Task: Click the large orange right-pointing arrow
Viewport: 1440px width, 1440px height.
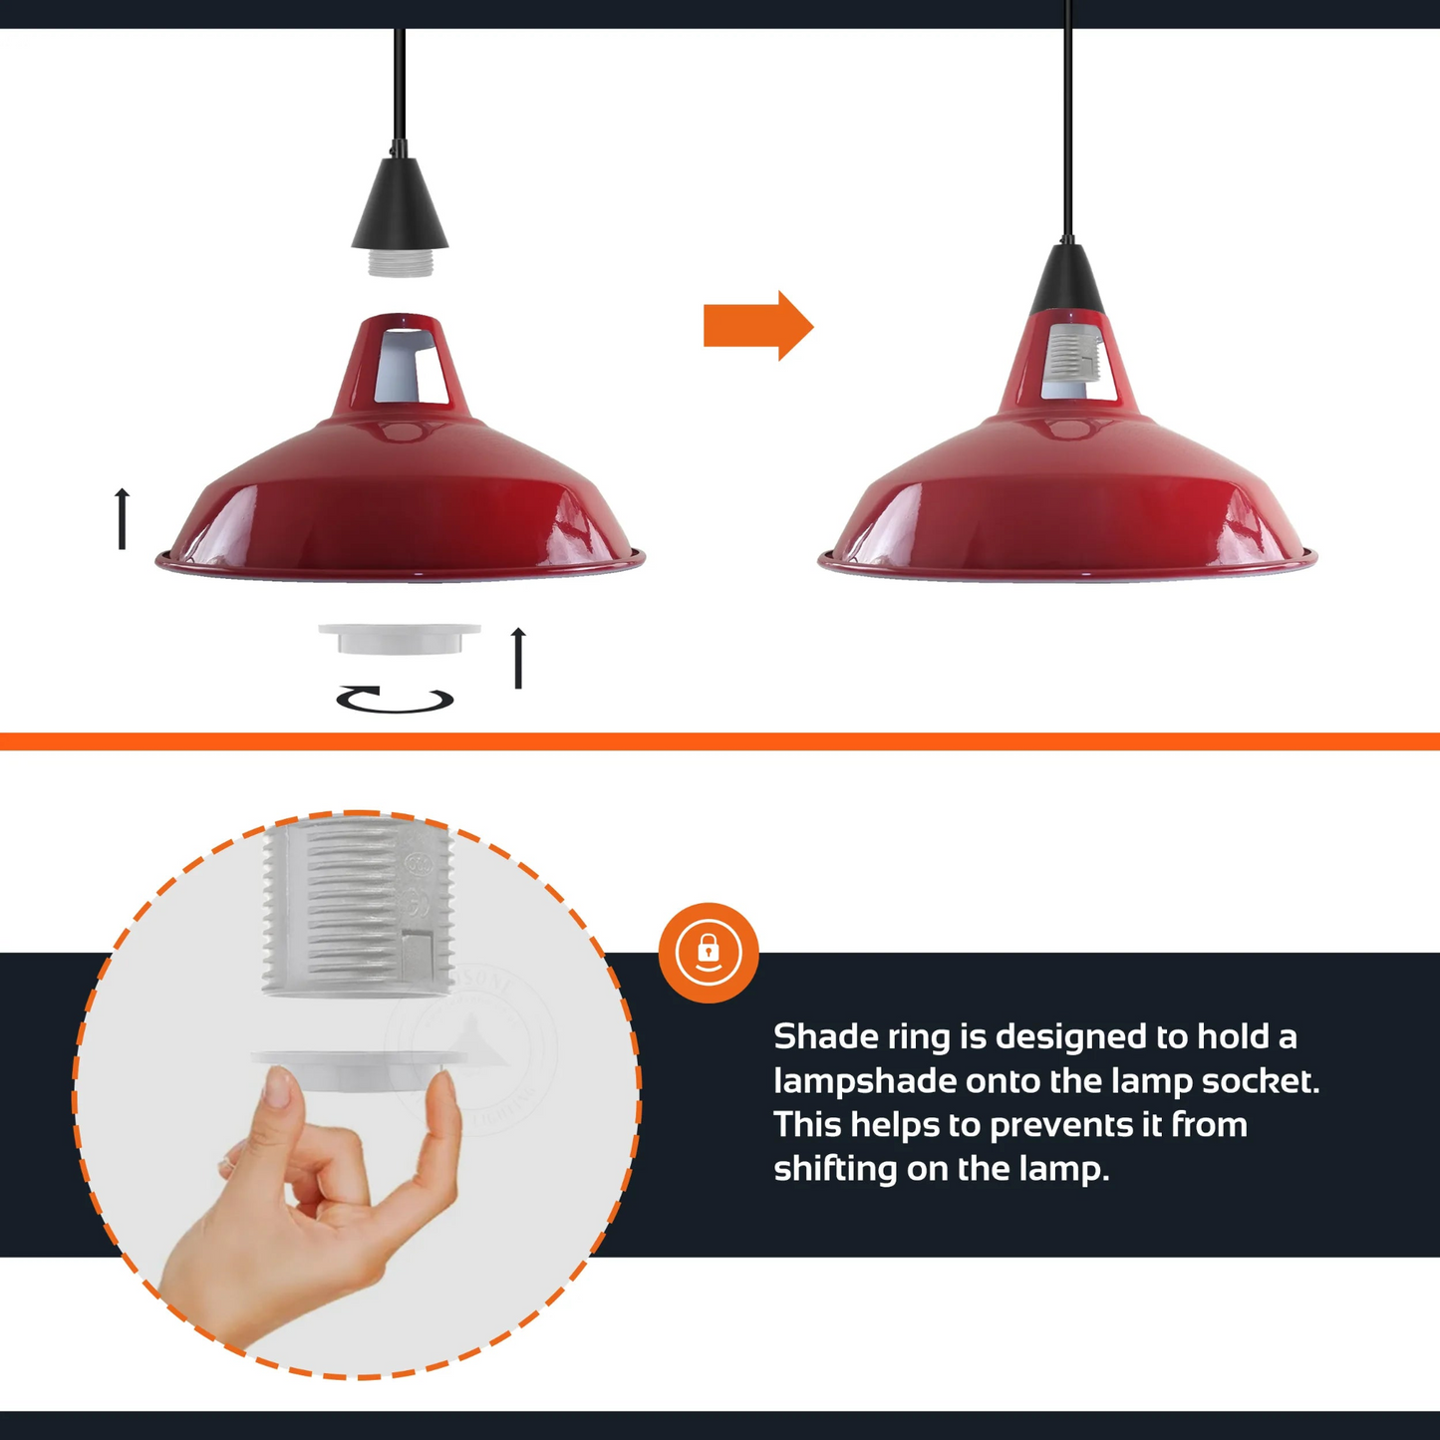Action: coord(757,326)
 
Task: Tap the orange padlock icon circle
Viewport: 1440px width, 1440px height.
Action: coord(709,953)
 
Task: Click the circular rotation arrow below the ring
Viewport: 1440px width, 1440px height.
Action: coord(395,700)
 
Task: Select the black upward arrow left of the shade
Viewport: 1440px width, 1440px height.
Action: coord(123,518)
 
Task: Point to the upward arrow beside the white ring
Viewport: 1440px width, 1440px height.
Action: coord(518,658)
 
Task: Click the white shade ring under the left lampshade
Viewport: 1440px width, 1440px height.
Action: coord(400,639)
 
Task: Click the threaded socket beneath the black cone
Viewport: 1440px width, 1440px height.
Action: coord(400,262)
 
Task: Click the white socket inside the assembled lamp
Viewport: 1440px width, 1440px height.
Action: coord(1072,352)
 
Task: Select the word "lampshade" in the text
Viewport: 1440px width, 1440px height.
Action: coord(865,1081)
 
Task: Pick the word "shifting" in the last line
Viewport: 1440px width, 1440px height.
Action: coord(835,1169)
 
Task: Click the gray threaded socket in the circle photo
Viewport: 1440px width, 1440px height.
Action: coord(358,907)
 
